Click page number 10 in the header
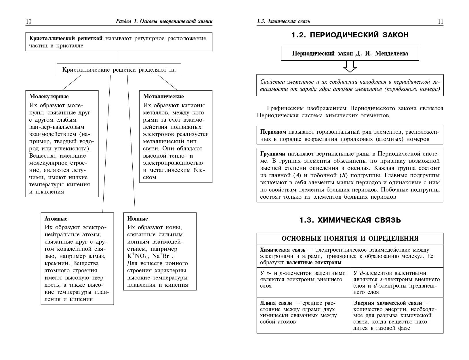coord(29,22)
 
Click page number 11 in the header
coord(440,22)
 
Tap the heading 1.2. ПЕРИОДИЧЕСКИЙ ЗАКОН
coord(350,35)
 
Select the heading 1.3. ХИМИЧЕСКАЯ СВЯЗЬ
coord(350,220)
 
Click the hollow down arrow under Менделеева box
coord(350,66)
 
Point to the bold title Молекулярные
coord(49,97)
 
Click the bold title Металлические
coord(163,97)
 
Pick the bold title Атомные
coord(56,219)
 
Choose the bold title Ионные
coord(138,219)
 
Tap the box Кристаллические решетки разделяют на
coord(119,70)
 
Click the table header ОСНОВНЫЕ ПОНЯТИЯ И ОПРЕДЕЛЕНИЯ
coord(350,238)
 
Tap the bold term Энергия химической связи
coord(388,303)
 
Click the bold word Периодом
coord(273,132)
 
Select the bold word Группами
coord(273,154)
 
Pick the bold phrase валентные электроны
coord(314,263)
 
